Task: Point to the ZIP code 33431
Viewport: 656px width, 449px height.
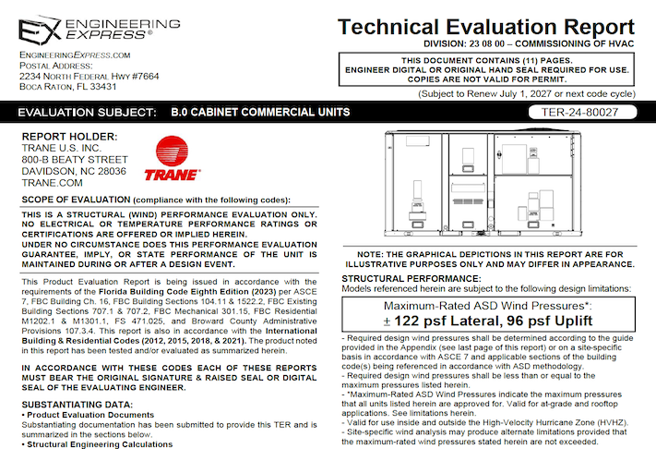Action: point(101,86)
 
